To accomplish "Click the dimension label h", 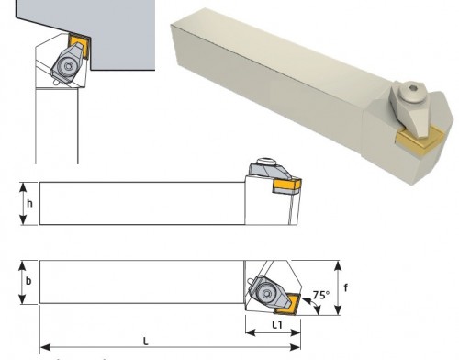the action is [29, 204].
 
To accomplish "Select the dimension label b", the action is [28, 281].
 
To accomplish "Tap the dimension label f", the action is [346, 287].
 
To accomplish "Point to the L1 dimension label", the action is [277, 325].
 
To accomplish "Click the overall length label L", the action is [146, 342].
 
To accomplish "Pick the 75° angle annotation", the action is [321, 295].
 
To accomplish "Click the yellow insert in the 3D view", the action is [420, 141].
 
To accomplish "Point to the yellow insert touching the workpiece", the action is [79, 45].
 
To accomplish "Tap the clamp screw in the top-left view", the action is [69, 66].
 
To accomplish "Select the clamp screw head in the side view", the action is [265, 161].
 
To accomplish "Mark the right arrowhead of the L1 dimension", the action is [296, 332].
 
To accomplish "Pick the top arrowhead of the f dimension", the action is [338, 265].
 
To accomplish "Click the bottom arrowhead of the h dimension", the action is [23, 219].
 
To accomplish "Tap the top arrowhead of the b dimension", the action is [22, 266].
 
